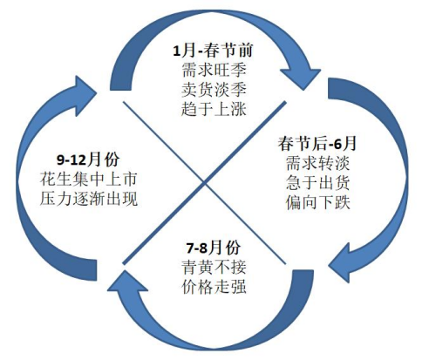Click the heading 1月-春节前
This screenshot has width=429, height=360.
pos(213,51)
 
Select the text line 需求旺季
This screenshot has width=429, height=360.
pos(214,70)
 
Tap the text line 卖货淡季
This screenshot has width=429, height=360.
pos(214,90)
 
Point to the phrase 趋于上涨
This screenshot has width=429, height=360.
pos(214,109)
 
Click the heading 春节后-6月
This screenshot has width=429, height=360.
pos(317,143)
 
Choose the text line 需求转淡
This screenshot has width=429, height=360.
pos(317,163)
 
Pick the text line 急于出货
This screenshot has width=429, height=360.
pos(317,182)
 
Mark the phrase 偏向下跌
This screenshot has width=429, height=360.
pos(317,202)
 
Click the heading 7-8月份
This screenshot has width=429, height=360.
pos(214,248)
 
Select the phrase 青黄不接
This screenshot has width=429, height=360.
pos(214,268)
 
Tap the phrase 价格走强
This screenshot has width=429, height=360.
pos(214,287)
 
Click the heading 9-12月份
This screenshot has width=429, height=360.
pos(88,160)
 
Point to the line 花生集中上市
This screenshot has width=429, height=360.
pos(88,179)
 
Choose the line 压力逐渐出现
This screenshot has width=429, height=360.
pos(88,199)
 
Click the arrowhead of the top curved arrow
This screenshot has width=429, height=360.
pos(303,76)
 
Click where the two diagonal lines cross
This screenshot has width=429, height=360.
pos(205,183)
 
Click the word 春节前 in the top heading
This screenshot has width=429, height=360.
pos(228,51)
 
